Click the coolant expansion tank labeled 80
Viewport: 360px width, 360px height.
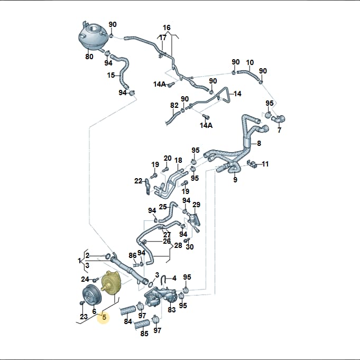[x=93, y=35]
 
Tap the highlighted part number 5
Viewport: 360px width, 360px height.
[x=104, y=317]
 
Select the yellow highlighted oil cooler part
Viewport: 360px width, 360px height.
[x=110, y=283]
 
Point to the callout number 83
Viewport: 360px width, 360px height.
[x=171, y=310]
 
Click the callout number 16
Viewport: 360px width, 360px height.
[x=167, y=28]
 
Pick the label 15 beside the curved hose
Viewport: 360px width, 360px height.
[x=111, y=75]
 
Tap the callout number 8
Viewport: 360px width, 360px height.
[x=259, y=143]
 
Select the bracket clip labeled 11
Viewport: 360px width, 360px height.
[x=252, y=163]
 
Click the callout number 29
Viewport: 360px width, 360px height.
[x=196, y=205]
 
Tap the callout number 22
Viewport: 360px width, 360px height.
[x=138, y=181]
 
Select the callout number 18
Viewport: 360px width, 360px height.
[x=178, y=160]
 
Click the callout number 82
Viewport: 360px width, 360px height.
[x=174, y=105]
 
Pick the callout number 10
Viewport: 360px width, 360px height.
[x=250, y=62]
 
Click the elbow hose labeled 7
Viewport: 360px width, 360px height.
[x=278, y=119]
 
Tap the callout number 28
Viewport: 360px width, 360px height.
[x=178, y=245]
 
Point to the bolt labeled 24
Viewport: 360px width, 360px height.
[x=95, y=280]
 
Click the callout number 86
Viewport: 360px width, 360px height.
[x=133, y=255]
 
